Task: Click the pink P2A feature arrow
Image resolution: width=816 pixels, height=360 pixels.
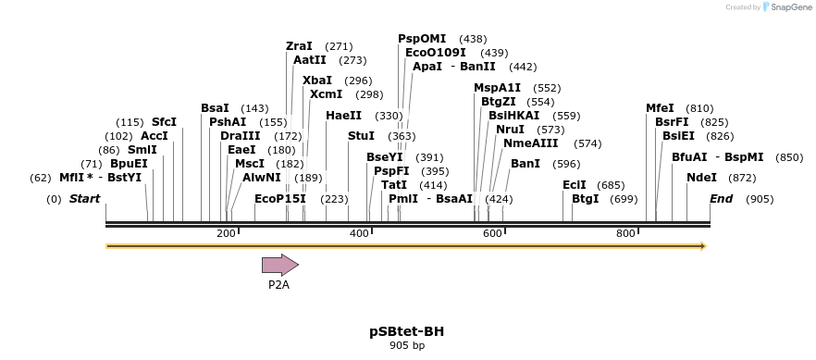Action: (x=279, y=266)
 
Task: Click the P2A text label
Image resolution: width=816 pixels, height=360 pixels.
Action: (x=278, y=285)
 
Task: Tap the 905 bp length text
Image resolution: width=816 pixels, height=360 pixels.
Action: (x=408, y=345)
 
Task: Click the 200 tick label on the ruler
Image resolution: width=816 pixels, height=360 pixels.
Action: (x=226, y=234)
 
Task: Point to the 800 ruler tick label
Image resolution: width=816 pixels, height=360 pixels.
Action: (x=625, y=234)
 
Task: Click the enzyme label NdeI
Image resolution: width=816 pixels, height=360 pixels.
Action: (x=701, y=178)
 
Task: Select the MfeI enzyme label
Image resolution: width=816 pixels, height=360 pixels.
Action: (x=660, y=108)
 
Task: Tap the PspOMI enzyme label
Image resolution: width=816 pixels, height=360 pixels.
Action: (x=422, y=39)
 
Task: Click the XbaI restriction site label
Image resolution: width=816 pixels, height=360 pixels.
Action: (x=317, y=81)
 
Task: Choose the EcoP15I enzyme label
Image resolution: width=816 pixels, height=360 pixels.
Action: (x=280, y=199)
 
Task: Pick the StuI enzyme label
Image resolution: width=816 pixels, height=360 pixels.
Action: (x=361, y=136)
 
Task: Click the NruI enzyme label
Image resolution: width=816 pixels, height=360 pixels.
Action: (x=510, y=130)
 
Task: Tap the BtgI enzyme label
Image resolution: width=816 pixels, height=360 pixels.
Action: (x=586, y=199)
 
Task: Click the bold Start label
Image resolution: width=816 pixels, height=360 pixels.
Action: (x=84, y=199)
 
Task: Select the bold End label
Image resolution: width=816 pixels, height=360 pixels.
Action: (x=722, y=199)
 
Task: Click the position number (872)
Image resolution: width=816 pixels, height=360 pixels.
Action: (x=742, y=178)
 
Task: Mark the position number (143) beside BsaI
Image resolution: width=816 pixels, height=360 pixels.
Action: (x=254, y=108)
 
